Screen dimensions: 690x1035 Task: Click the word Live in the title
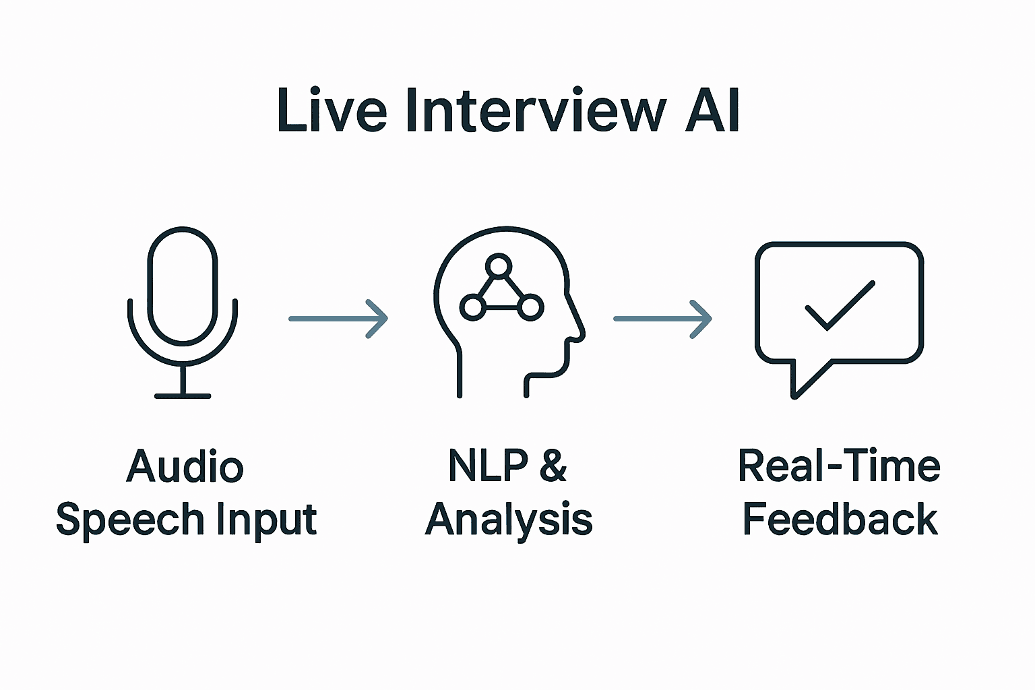332,110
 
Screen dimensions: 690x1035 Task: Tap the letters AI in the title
713,110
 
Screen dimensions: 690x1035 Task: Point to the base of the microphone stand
183,396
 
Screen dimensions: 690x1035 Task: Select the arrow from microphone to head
338,318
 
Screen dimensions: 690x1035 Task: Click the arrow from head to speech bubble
662,318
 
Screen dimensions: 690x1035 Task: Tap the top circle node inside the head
499,266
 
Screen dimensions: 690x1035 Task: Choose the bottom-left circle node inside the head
472,307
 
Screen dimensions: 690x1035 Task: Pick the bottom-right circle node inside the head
530,307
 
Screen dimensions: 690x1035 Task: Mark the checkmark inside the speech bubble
840,305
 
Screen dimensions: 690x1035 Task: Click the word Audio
185,466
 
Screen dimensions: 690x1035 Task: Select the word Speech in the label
124,520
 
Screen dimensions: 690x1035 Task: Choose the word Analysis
509,520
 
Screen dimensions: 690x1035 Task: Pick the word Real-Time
839,466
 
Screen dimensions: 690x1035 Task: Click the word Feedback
840,520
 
